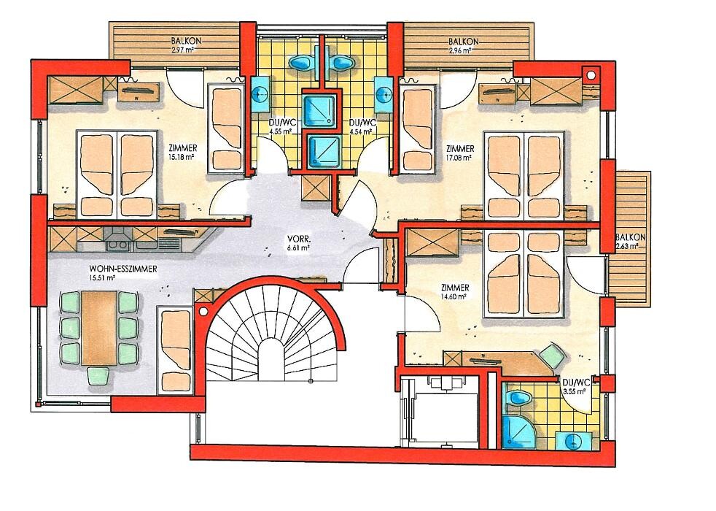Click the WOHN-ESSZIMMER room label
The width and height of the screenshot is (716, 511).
123,269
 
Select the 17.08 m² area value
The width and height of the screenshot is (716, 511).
459,157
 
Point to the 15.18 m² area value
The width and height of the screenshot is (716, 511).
182,157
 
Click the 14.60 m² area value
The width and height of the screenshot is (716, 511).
454,296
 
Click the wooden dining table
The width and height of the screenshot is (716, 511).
100,328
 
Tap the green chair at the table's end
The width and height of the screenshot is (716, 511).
98,376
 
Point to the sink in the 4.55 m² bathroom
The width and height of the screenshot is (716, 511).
261,94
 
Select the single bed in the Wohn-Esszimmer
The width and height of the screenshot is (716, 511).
175,350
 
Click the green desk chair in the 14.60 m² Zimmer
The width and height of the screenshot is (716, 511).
552,356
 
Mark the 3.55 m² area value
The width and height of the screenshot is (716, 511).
575,392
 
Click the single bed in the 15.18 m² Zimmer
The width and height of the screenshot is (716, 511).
226,128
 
